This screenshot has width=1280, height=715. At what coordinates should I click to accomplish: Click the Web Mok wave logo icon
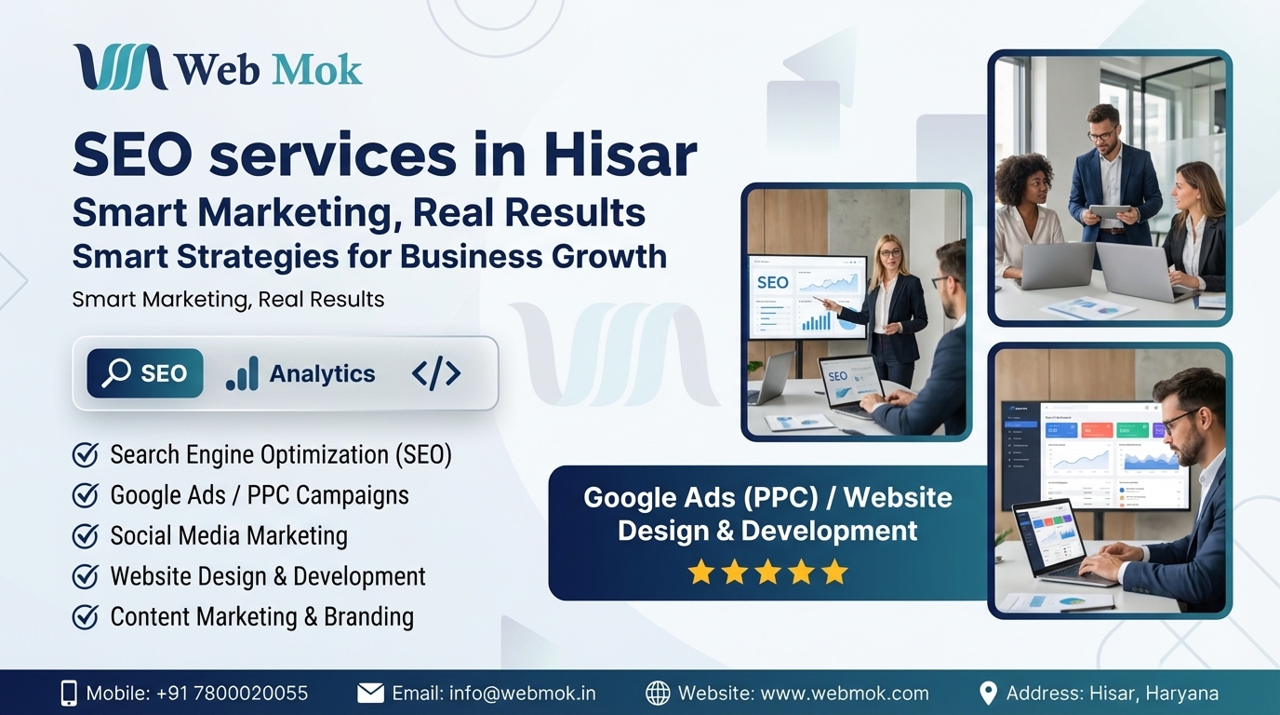121,67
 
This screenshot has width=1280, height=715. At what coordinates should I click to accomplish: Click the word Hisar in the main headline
620,155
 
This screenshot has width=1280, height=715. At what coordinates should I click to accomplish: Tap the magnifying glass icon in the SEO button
116,373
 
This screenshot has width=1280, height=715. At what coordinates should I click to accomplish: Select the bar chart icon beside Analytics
242,373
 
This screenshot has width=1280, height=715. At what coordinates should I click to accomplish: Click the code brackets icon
436,373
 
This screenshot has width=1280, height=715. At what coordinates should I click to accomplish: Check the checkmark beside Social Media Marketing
86,536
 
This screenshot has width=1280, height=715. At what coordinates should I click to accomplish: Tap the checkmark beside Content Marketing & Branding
86,617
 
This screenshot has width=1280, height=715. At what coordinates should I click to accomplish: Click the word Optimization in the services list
325,455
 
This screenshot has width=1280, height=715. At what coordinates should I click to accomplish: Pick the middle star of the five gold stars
767,572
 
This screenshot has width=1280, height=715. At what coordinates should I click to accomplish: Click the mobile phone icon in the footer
69,694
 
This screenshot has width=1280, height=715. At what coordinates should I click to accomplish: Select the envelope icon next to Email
371,694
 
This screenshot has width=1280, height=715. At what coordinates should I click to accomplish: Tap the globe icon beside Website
658,694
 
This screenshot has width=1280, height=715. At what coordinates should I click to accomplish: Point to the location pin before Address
988,694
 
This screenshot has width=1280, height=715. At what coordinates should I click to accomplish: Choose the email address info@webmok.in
522,694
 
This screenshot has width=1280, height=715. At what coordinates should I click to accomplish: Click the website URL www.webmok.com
846,694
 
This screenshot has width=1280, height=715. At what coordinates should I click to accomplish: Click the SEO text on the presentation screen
773,283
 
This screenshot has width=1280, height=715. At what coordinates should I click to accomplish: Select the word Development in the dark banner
829,531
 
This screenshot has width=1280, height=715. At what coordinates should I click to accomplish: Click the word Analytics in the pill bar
322,373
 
